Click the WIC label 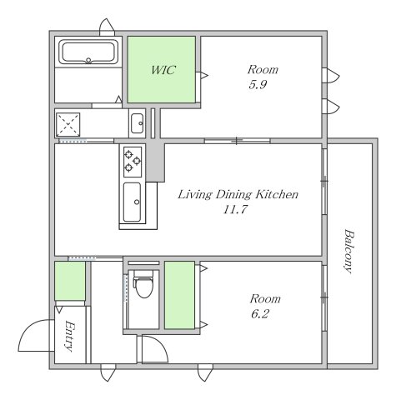[163, 70]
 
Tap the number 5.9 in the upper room [258, 84]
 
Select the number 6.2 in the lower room [260, 314]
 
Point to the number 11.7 [235, 209]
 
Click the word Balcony [348, 251]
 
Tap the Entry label [70, 336]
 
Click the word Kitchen [277, 194]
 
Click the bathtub [88, 52]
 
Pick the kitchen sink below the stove [132, 202]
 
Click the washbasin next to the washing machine [137, 123]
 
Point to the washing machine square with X [68, 125]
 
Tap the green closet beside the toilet [179, 295]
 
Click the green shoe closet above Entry [70, 281]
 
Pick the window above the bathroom [107, 27]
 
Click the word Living [194, 195]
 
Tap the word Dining [233, 195]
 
